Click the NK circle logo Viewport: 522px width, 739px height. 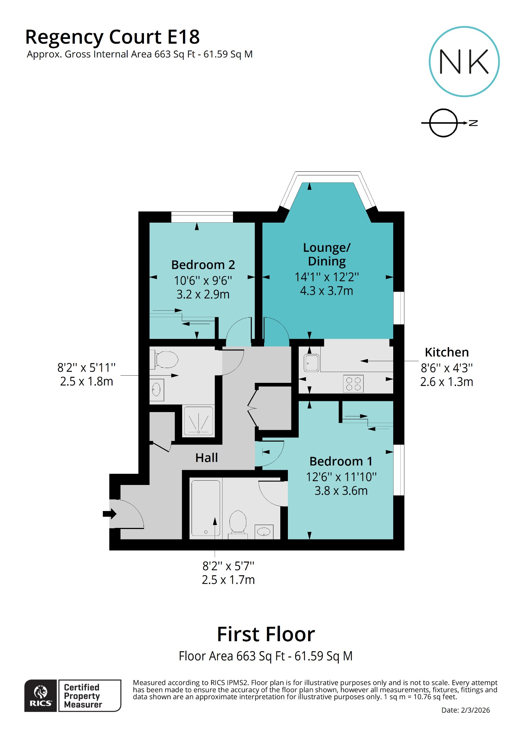click(x=464, y=62)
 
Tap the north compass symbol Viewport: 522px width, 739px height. click(x=444, y=123)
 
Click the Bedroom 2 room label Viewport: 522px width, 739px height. click(x=203, y=265)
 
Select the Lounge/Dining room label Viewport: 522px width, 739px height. click(x=326, y=254)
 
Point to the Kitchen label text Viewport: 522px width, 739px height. click(x=447, y=352)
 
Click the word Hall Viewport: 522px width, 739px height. click(x=206, y=458)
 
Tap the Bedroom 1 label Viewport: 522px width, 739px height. click(x=341, y=461)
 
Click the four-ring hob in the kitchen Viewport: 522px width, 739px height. click(x=353, y=384)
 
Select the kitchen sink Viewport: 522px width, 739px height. click(x=311, y=363)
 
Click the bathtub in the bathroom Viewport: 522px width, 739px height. click(x=206, y=508)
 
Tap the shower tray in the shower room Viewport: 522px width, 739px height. click(x=198, y=421)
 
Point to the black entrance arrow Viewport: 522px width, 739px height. click(x=109, y=513)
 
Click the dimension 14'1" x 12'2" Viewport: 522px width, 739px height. click(x=326, y=277)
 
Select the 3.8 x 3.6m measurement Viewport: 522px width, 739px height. click(x=341, y=491)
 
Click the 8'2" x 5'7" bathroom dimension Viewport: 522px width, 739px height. click(x=228, y=566)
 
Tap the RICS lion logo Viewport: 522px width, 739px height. click(x=40, y=695)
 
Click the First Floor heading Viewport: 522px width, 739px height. click(x=266, y=634)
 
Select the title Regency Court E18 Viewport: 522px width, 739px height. click(x=112, y=37)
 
